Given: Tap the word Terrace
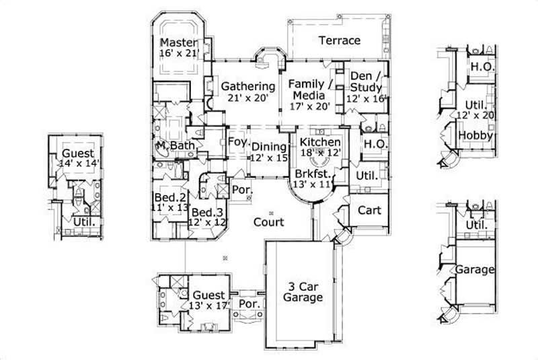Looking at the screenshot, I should pos(340,40).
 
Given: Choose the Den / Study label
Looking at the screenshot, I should pos(367,81).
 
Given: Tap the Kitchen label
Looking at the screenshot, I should pos(320,143).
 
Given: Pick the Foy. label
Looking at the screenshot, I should pos(237,143).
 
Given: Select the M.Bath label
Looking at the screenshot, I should pos(171,146).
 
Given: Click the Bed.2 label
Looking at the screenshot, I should pos(166,197).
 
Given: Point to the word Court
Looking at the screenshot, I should pos(268,221).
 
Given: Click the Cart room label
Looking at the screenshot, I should pos(369,210).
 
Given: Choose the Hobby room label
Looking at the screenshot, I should pos(476,136).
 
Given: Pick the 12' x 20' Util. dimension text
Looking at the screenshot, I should pos(476,116).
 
